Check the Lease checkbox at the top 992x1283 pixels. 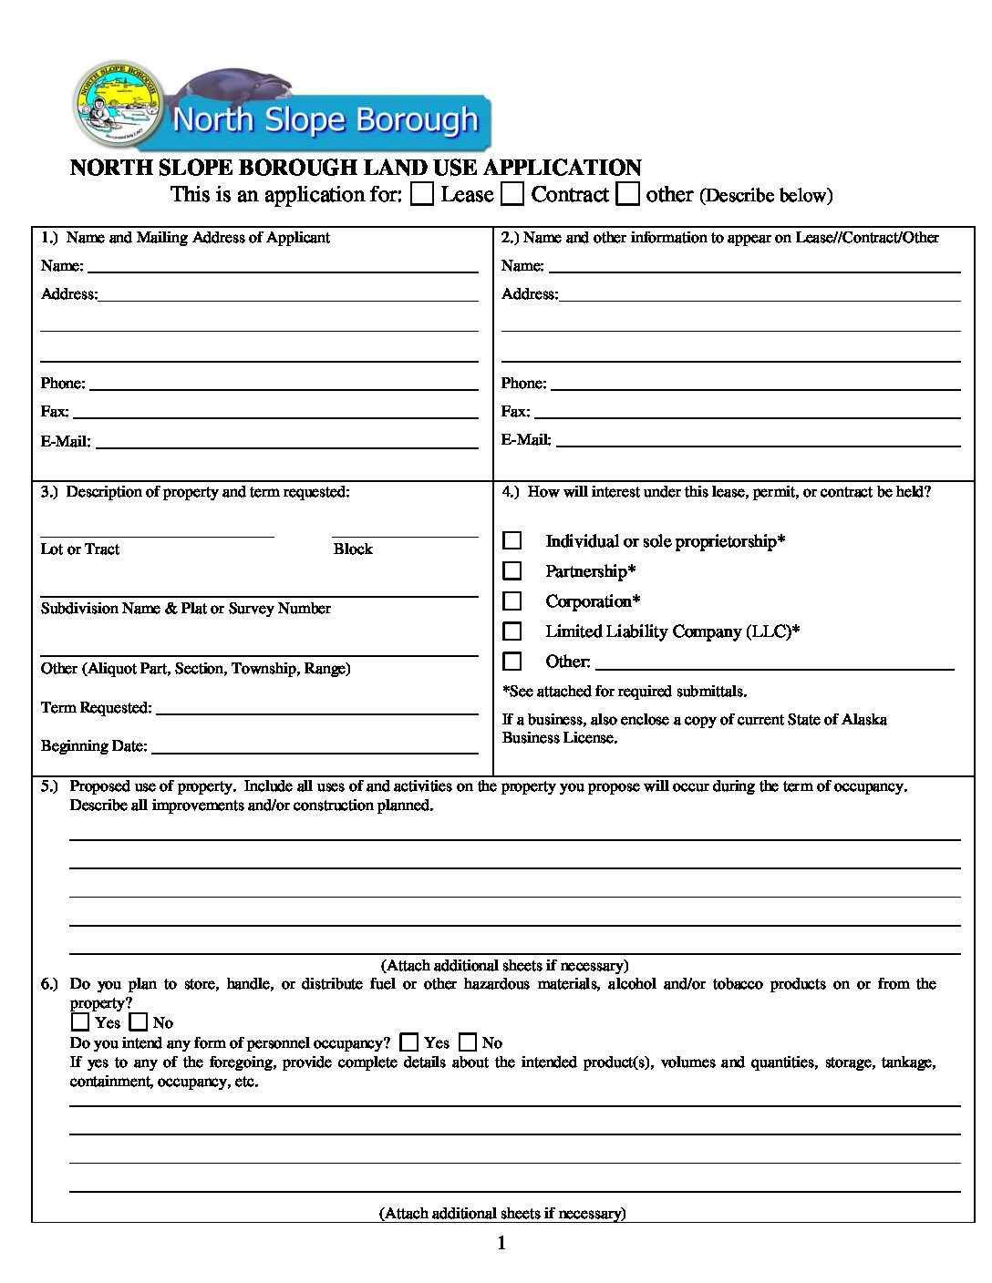tap(422, 194)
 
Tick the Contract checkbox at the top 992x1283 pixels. tap(513, 194)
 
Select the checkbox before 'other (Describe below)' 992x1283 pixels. tap(627, 194)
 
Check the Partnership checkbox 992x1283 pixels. tap(512, 571)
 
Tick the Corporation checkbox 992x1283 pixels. tap(512, 601)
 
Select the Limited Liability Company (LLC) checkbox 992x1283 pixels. tap(512, 631)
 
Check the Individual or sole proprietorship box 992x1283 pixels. tap(512, 541)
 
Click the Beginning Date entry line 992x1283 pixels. tap(315, 748)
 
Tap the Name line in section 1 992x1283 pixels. tap(283, 267)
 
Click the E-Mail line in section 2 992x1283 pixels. tap(758, 441)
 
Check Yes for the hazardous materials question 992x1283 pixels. tap(80, 1022)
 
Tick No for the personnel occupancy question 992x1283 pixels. tap(468, 1042)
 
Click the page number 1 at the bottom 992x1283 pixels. tap(501, 1244)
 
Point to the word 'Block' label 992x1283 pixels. tap(353, 549)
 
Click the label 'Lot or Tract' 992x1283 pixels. tap(80, 549)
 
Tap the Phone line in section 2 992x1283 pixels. tap(756, 385)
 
